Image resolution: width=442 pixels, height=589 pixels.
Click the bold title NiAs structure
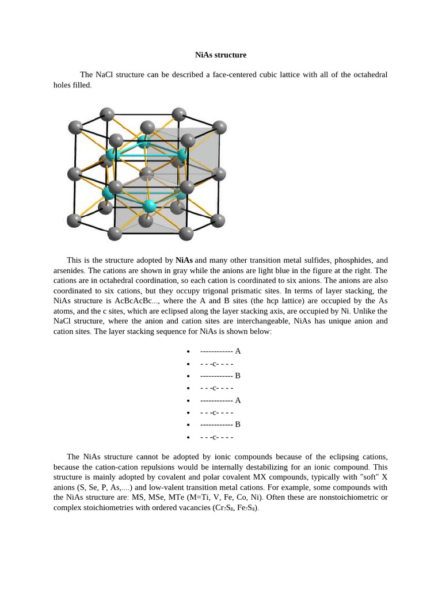220,55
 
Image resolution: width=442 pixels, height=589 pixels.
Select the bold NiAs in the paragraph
184,260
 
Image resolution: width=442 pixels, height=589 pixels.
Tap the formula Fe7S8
247,508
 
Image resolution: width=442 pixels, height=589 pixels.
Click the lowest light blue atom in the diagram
150,206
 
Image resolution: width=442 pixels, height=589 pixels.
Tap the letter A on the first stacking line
238,351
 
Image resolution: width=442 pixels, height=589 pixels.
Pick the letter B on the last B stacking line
238,424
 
